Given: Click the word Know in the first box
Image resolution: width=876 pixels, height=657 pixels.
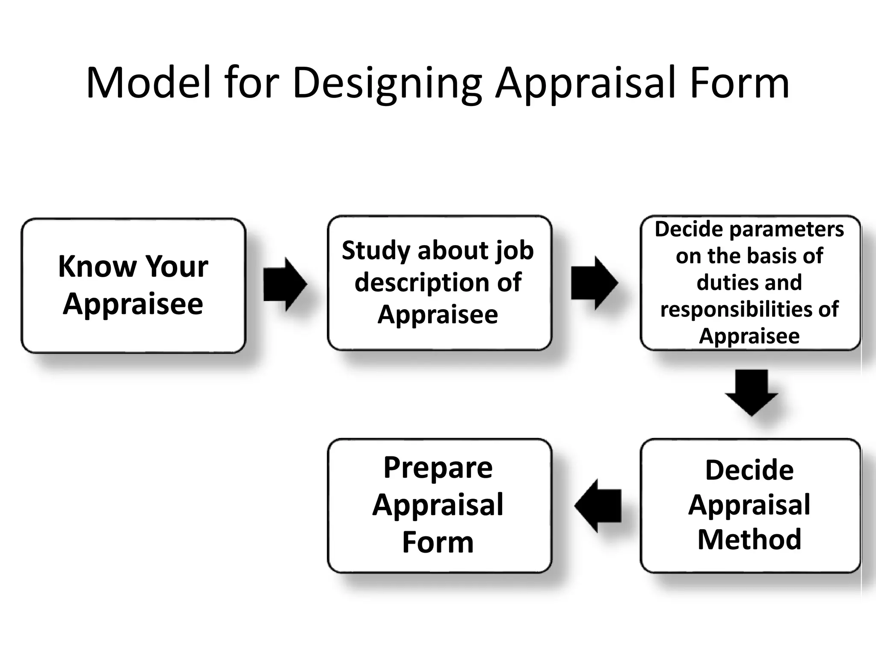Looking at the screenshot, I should (97, 266).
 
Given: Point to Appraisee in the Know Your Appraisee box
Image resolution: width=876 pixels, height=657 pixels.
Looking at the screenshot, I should (133, 304).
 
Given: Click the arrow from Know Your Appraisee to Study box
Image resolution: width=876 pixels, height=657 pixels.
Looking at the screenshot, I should (285, 284).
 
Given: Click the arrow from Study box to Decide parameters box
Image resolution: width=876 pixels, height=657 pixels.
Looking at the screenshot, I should (594, 283).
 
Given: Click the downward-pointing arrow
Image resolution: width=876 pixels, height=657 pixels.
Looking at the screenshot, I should (752, 392).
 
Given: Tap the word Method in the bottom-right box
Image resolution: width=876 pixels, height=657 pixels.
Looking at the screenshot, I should (749, 539).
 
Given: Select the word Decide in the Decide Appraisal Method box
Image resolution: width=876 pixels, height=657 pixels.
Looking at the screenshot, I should (749, 471).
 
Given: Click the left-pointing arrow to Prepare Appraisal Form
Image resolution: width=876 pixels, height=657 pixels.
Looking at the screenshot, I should (598, 506).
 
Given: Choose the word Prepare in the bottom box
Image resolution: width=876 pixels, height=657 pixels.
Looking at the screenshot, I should (438, 468).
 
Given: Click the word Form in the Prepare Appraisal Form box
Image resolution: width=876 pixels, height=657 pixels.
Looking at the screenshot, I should (438, 542).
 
